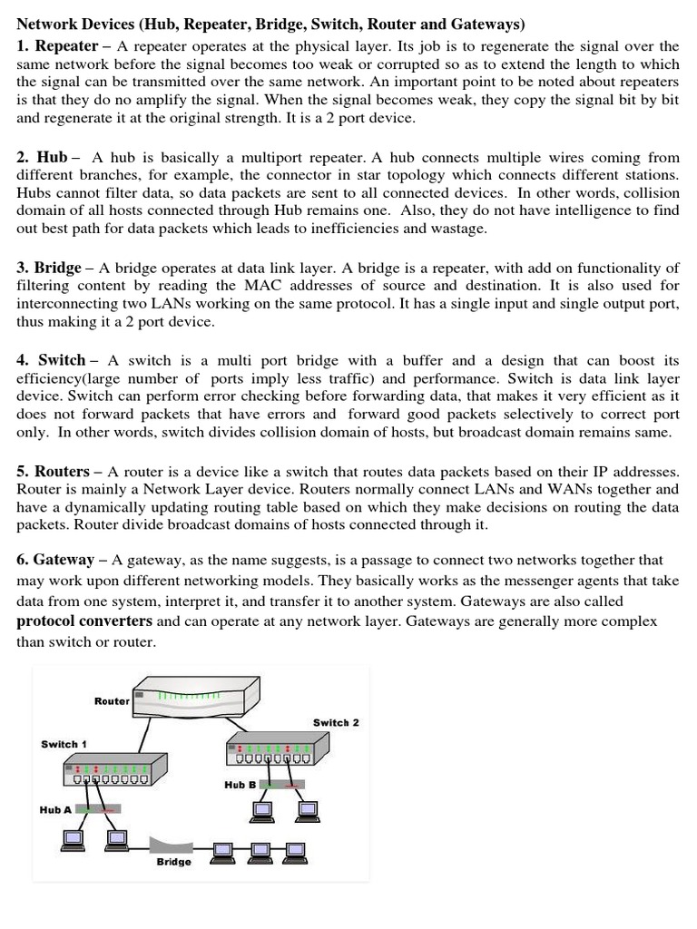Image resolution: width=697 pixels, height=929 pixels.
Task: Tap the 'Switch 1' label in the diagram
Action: [64, 744]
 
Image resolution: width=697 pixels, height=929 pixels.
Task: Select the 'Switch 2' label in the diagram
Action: [336, 722]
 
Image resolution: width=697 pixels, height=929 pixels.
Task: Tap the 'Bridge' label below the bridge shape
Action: [173, 862]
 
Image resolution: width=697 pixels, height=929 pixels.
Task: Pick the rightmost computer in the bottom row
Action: [293, 850]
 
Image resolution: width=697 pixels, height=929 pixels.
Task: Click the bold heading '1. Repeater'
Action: [57, 46]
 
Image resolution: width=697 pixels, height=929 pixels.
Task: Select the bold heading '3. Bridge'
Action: [49, 268]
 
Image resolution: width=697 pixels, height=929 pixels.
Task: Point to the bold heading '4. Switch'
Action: [51, 361]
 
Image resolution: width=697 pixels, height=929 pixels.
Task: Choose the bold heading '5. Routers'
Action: [53, 472]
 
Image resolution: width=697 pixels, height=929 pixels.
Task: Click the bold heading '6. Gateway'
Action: [55, 560]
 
